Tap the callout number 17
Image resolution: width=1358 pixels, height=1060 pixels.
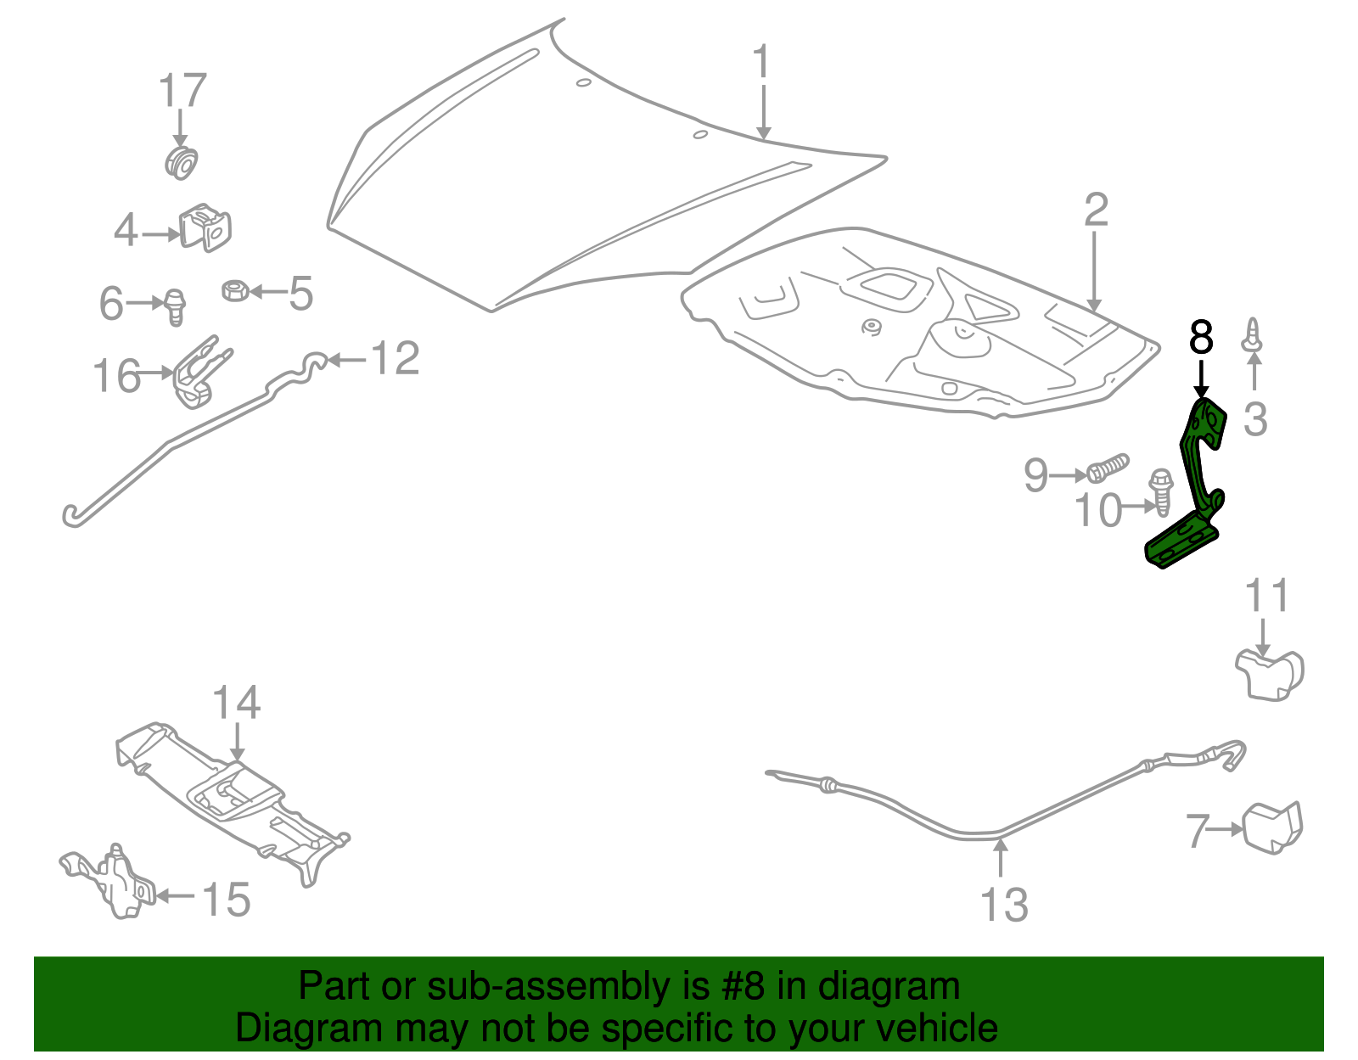tap(182, 91)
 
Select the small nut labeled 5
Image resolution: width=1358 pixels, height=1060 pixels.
tap(233, 291)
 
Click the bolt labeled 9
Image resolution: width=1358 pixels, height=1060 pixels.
tap(1108, 468)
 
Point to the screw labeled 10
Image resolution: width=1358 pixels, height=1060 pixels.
tap(1160, 493)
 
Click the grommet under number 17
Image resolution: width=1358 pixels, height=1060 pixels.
tap(180, 161)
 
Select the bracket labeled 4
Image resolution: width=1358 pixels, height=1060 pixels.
tap(206, 227)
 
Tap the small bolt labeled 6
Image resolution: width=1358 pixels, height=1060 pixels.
tap(175, 306)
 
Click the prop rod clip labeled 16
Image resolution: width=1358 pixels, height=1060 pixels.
tap(200, 373)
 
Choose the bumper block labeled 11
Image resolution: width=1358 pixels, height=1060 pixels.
tap(1269, 675)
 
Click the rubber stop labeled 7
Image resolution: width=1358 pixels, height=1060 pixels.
tap(1272, 827)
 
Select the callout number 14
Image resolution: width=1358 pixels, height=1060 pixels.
tap(236, 703)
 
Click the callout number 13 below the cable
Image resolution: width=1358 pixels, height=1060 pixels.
tap(1004, 905)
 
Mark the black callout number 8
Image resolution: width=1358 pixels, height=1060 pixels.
tap(1201, 337)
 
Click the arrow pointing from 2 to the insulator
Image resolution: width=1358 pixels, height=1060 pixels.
tap(1094, 272)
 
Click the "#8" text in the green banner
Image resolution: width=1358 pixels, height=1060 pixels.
tap(744, 987)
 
